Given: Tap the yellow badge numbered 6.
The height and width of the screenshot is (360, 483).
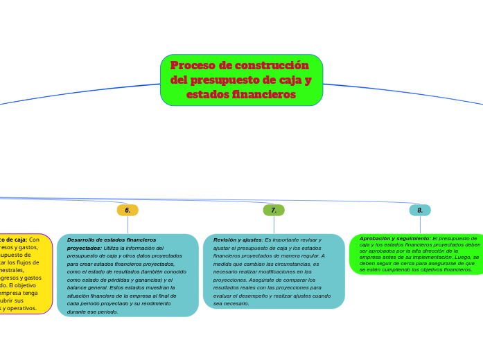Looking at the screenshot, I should tap(128, 210).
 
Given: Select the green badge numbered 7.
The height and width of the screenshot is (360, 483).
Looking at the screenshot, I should tap(274, 210).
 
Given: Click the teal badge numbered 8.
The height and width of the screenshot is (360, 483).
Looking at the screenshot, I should tap(420, 210).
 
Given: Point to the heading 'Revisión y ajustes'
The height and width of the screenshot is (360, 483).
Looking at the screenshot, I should tap(238, 240).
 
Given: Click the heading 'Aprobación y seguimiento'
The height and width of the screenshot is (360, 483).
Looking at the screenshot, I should tap(394, 238).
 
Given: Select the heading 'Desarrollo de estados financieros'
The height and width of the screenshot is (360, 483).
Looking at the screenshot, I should tap(111, 240).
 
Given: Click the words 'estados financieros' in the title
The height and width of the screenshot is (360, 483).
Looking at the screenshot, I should tap(241, 94).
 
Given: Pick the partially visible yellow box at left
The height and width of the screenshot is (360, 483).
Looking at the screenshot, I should tap(26, 273).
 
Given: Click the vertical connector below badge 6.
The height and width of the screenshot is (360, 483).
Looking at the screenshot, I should tap(128, 224).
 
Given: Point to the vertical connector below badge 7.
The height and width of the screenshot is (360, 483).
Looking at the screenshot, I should tap(274, 224).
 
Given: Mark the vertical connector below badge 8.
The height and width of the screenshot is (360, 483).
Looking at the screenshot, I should tap(420, 224).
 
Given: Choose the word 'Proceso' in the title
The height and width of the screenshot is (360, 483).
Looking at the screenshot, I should tap(192, 66).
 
